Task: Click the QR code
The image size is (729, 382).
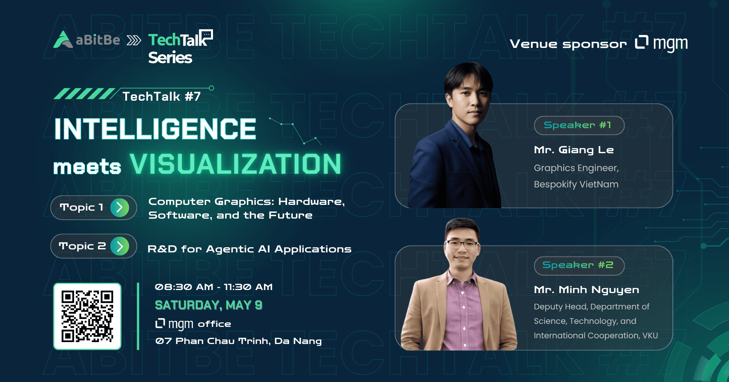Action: pyautogui.click(x=87, y=316)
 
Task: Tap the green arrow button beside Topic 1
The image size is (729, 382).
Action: pyautogui.click(x=120, y=208)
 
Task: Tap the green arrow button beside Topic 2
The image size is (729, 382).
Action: pyautogui.click(x=120, y=246)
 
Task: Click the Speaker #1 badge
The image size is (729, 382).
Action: pyautogui.click(x=579, y=125)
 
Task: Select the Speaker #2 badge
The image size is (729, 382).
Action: pyautogui.click(x=579, y=265)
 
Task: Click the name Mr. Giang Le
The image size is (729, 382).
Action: pyautogui.click(x=574, y=150)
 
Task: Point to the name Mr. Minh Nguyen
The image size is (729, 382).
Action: pyautogui.click(x=586, y=290)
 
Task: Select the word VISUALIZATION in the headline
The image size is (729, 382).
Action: pyautogui.click(x=235, y=164)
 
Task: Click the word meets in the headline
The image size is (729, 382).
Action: pyautogui.click(x=87, y=167)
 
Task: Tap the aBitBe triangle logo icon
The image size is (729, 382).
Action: pyautogui.click(x=63, y=40)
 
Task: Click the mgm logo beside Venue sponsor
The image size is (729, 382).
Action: pyautogui.click(x=661, y=43)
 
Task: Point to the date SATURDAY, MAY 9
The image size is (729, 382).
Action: pyautogui.click(x=208, y=305)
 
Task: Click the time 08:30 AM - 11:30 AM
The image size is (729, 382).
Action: pyautogui.click(x=214, y=287)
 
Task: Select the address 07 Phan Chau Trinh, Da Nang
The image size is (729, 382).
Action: pyautogui.click(x=238, y=341)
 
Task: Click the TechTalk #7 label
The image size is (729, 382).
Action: pyautogui.click(x=161, y=97)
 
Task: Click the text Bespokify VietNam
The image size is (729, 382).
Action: pyautogui.click(x=576, y=184)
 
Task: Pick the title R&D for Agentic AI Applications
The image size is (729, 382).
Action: pyautogui.click(x=249, y=249)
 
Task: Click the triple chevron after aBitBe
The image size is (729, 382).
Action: pyautogui.click(x=134, y=40)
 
